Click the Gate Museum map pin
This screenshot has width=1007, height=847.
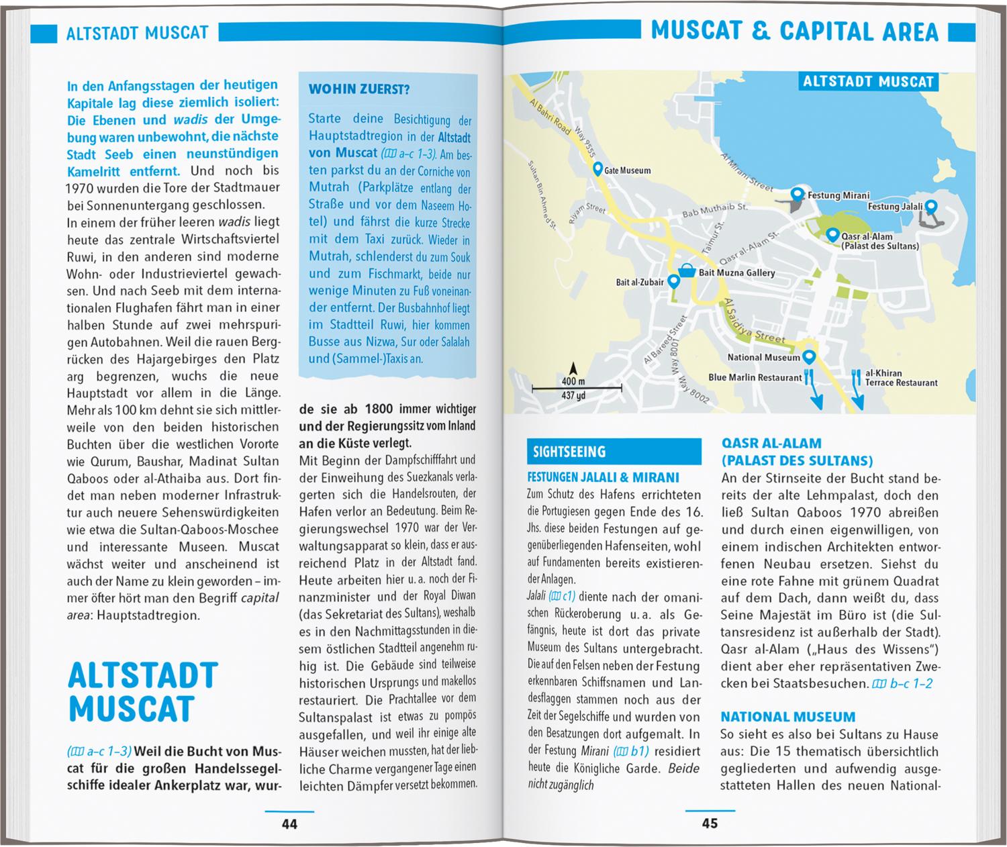[597, 168]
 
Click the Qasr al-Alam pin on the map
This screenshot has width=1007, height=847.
[832, 235]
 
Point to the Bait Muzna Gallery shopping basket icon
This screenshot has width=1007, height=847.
[687, 271]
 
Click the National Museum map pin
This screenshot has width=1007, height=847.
[809, 356]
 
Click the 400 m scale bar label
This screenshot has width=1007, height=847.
[573, 381]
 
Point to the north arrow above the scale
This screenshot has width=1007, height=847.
[573, 368]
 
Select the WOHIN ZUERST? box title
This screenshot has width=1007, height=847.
[359, 89]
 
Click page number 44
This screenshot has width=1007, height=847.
[289, 824]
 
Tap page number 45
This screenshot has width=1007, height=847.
[710, 824]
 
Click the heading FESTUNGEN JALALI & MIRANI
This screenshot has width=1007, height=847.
[603, 478]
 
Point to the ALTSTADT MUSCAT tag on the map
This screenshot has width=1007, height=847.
[868, 82]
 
